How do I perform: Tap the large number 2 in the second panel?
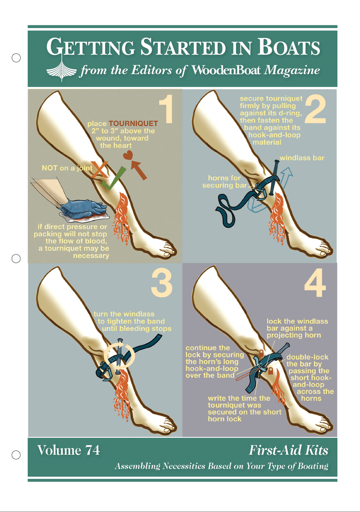tap(315, 109)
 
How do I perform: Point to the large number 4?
tap(315, 283)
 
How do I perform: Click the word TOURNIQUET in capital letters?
tap(133, 124)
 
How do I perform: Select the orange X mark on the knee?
tap(99, 169)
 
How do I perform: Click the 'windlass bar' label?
tap(302, 158)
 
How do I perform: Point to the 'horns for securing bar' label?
tap(224, 181)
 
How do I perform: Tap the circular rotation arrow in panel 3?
tap(120, 355)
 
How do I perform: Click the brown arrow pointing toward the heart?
tap(139, 170)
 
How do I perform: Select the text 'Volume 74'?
tap(69, 450)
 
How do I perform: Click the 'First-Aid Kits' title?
tap(288, 450)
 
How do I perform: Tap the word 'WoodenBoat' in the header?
tap(225, 70)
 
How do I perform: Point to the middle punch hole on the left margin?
tap(16, 259)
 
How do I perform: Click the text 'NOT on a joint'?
tap(67, 168)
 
